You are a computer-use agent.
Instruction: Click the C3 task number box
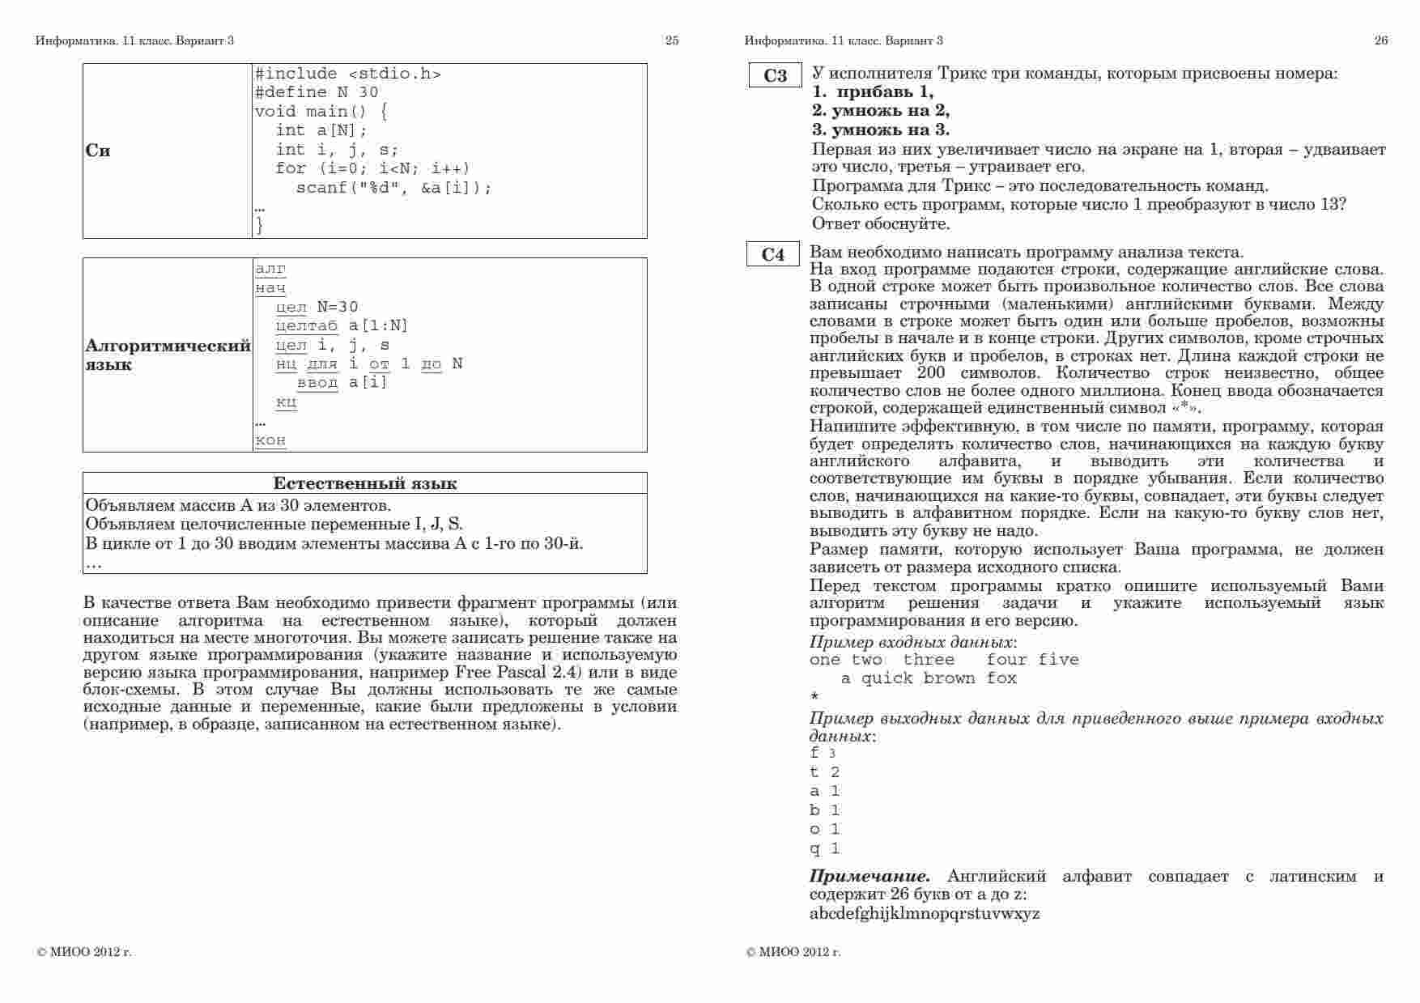click(775, 75)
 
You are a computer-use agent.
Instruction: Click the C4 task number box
click(773, 254)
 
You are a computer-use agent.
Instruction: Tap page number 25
click(672, 40)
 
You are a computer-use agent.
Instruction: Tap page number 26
click(1381, 40)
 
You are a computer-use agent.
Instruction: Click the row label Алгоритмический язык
click(167, 355)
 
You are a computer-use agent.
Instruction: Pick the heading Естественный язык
click(364, 483)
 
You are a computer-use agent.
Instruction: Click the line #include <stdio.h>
click(348, 74)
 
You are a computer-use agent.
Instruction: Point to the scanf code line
click(393, 188)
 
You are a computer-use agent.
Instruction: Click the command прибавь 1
click(874, 91)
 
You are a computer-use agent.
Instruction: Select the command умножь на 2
click(881, 110)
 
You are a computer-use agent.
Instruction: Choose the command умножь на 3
click(881, 130)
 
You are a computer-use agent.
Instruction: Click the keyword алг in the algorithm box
click(270, 269)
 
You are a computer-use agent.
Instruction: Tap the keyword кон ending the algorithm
click(270, 440)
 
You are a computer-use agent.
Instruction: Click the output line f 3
click(823, 753)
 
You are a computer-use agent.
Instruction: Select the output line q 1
click(824, 848)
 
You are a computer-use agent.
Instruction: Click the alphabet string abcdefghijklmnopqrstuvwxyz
click(925, 914)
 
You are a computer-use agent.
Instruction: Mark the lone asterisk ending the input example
click(814, 697)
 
